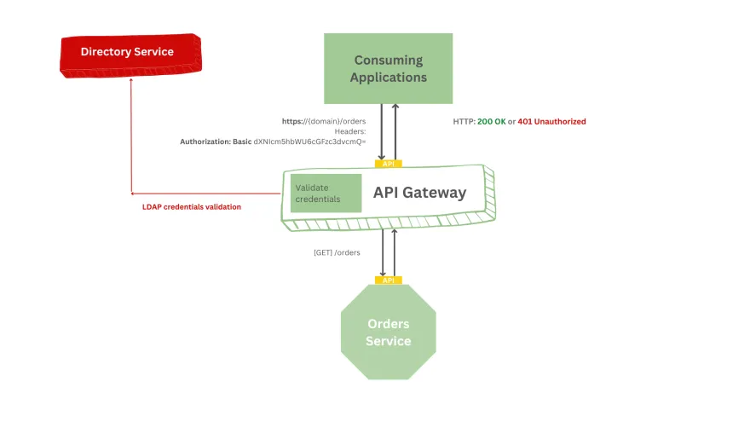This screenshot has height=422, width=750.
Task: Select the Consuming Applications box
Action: pos(389,69)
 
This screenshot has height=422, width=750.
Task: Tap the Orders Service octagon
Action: pos(388,333)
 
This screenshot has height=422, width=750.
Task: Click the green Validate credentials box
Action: pos(320,193)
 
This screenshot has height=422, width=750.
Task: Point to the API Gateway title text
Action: pos(419,193)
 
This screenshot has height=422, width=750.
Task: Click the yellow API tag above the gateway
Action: pos(388,164)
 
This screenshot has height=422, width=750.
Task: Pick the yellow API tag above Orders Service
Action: pos(388,280)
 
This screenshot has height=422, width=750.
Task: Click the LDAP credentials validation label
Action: pos(191,207)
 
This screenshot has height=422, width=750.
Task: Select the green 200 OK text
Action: pos(491,122)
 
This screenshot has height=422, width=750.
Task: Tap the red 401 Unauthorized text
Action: pos(551,122)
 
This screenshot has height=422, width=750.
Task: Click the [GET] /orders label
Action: pos(337,252)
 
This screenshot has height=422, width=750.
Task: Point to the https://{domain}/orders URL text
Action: pos(323,121)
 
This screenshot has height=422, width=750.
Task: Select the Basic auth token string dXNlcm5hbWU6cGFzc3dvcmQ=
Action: pos(310,142)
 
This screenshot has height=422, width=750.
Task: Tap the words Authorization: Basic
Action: pos(216,142)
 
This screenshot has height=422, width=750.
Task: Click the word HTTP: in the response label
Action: pos(464,122)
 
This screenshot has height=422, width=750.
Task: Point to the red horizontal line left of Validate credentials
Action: pos(205,194)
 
